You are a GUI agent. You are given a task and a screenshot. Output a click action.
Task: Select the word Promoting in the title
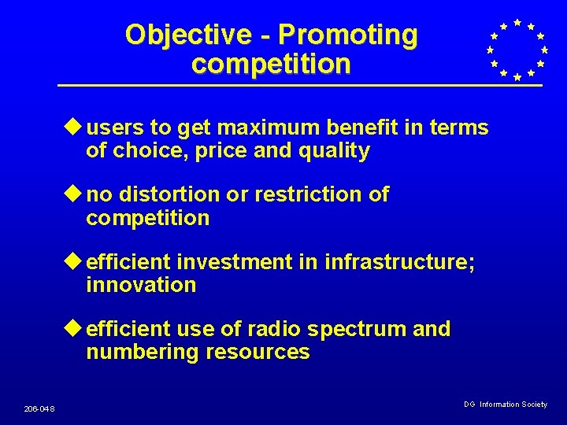click(347, 35)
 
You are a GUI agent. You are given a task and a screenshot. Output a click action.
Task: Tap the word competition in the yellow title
click(271, 64)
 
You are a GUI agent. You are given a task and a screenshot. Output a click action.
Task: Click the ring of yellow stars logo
click(516, 50)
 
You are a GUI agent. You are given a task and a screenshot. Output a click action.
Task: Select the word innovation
click(141, 285)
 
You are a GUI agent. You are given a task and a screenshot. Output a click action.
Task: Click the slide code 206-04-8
click(39, 408)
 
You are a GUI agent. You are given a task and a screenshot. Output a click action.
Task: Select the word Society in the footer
click(534, 404)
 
